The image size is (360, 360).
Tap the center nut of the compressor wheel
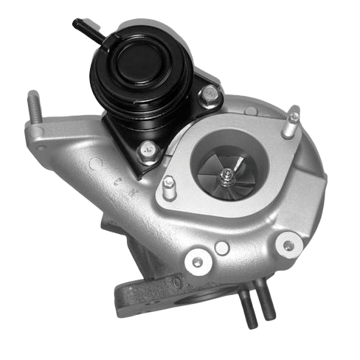(x=229, y=174)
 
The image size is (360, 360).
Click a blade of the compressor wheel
(x=216, y=167)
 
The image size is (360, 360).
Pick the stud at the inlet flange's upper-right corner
(x=293, y=122)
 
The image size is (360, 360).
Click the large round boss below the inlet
(x=197, y=259)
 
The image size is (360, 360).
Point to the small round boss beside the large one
(x=221, y=248)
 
